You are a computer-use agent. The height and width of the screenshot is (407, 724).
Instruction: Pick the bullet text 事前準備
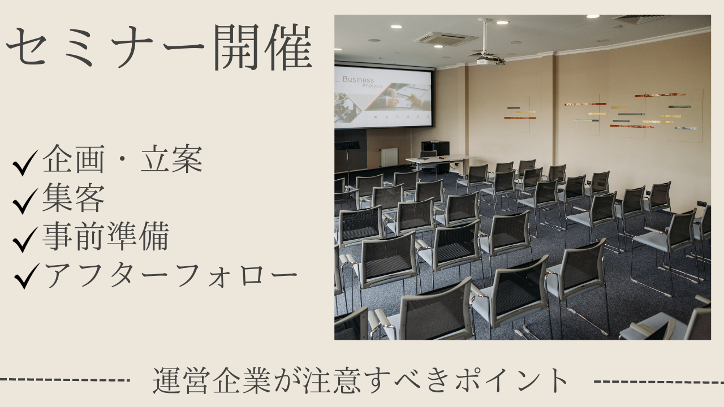[x=105, y=237]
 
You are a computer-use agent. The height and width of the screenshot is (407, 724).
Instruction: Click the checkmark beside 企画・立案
[x=25, y=164]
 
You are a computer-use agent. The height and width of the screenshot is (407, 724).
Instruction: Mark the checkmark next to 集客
[x=25, y=202]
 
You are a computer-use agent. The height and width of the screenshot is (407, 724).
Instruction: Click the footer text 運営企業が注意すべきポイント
[x=361, y=381]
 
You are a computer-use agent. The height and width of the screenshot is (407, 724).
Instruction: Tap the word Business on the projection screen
[x=359, y=80]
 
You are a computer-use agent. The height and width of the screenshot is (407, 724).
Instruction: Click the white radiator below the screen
[x=389, y=157]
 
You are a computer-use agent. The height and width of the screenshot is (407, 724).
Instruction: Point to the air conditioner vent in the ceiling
[x=446, y=38]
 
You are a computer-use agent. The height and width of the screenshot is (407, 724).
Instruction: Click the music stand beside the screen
[x=347, y=146]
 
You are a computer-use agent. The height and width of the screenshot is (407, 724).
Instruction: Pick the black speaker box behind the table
[x=435, y=148]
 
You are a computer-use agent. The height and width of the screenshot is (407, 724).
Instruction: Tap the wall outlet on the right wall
[x=701, y=203]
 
